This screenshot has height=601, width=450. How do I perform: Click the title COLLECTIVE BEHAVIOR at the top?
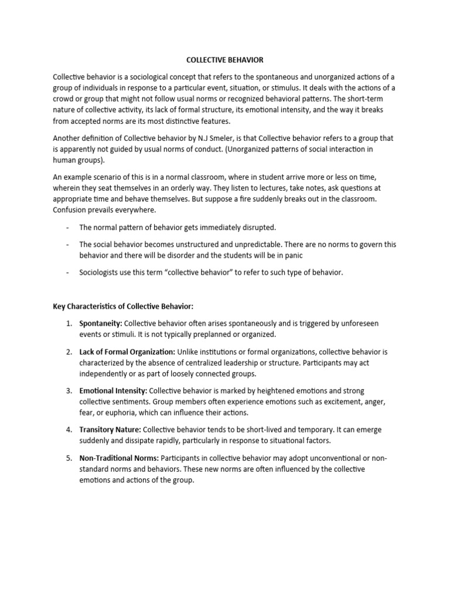coord(224,60)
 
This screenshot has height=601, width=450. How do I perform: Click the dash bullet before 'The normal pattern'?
coord(69,227)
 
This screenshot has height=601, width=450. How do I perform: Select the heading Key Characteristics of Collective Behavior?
coord(123,307)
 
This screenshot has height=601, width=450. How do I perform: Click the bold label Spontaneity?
coord(100,323)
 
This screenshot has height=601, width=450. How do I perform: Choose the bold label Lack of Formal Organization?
coord(127,352)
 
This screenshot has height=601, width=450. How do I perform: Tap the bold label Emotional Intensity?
coord(114,390)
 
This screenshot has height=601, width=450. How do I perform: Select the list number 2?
coord(69,352)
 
